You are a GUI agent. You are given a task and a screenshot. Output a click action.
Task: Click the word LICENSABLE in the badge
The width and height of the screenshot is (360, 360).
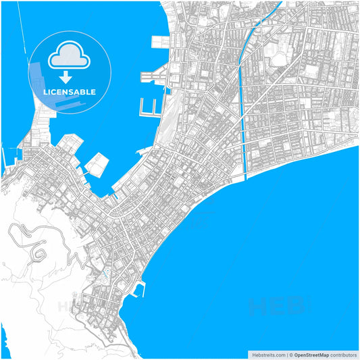(x=70, y=92)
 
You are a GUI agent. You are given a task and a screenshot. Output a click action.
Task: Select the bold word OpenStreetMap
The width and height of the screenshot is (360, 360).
(x=311, y=355)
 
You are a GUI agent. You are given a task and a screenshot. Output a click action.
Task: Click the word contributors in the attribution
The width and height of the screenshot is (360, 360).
(x=344, y=355)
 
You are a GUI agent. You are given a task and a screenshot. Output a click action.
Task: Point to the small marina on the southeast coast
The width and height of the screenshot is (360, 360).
(x=140, y=290)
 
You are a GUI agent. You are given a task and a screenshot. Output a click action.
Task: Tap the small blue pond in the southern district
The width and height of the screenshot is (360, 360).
(x=105, y=275)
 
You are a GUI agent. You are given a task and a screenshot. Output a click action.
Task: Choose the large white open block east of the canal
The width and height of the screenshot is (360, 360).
(x=278, y=57)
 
